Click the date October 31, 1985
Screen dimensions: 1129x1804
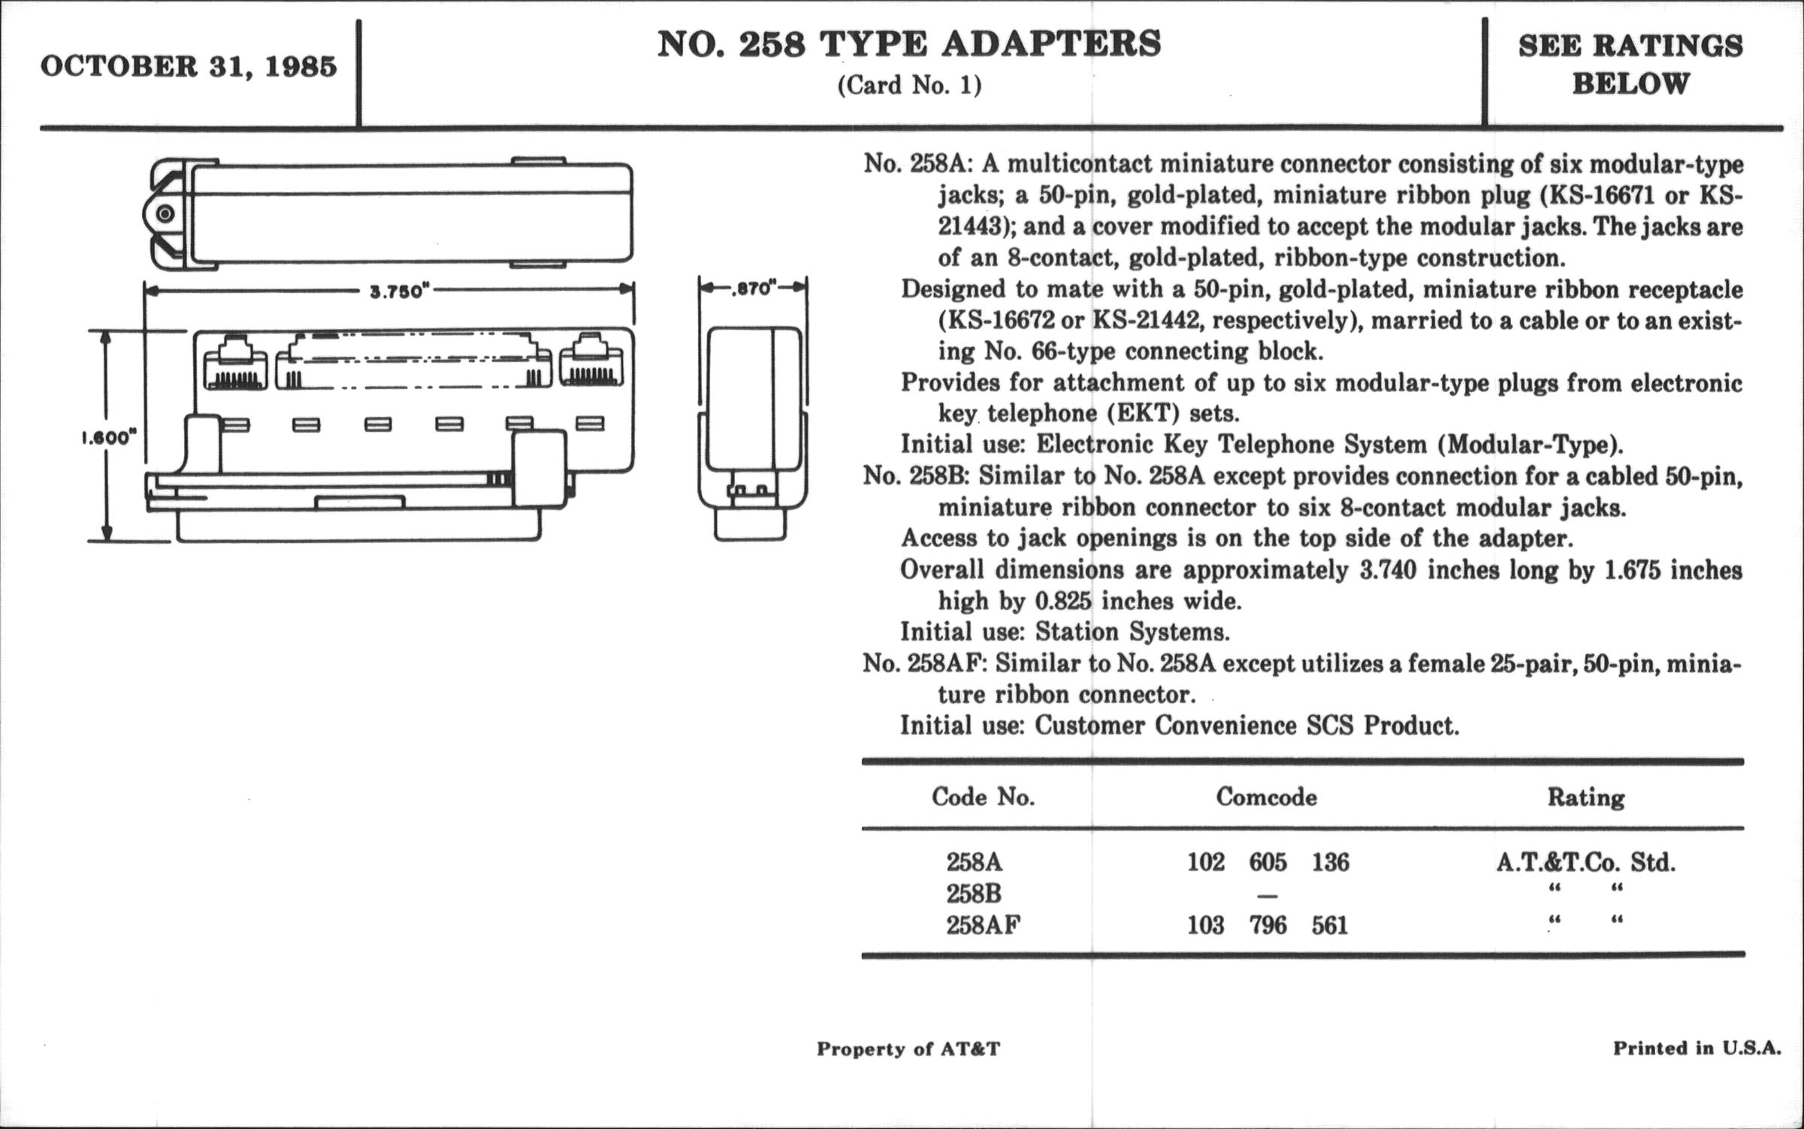point(189,68)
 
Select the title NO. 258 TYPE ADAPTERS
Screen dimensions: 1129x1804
point(909,45)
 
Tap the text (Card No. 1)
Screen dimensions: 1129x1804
point(909,86)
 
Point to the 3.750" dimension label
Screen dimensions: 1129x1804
point(398,291)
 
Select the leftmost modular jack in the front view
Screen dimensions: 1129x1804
point(234,363)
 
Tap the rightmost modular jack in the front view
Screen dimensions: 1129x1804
point(591,363)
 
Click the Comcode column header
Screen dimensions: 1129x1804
point(1266,796)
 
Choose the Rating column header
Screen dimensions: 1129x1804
point(1585,797)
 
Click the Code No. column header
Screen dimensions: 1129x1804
point(983,796)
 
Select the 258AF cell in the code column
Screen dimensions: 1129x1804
point(983,925)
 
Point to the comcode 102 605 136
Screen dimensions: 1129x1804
point(1268,862)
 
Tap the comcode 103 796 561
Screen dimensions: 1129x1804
point(1268,925)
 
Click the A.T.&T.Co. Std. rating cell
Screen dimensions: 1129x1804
point(1585,862)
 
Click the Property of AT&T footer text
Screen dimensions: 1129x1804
point(908,1049)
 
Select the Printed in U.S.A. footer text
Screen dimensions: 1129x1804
point(1697,1048)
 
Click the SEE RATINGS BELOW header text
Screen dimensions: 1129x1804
point(1630,65)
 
